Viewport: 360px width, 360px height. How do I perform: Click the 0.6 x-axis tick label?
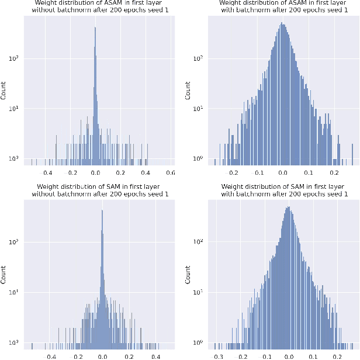pos(171,174)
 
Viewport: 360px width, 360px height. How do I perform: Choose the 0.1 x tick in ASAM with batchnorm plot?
pos(309,174)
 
